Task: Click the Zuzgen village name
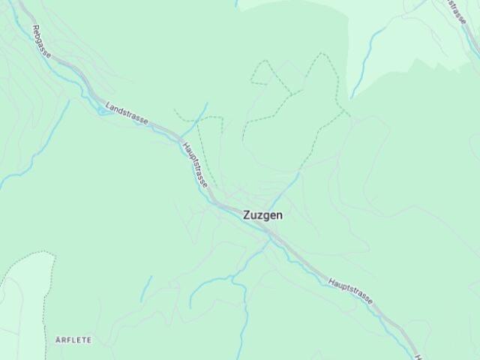tap(262, 214)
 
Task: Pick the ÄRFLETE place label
tap(73, 340)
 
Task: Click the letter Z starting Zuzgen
tap(247, 214)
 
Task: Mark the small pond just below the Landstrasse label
tap(103, 112)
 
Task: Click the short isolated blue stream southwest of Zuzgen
tap(145, 289)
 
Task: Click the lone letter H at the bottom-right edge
tap(418, 356)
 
